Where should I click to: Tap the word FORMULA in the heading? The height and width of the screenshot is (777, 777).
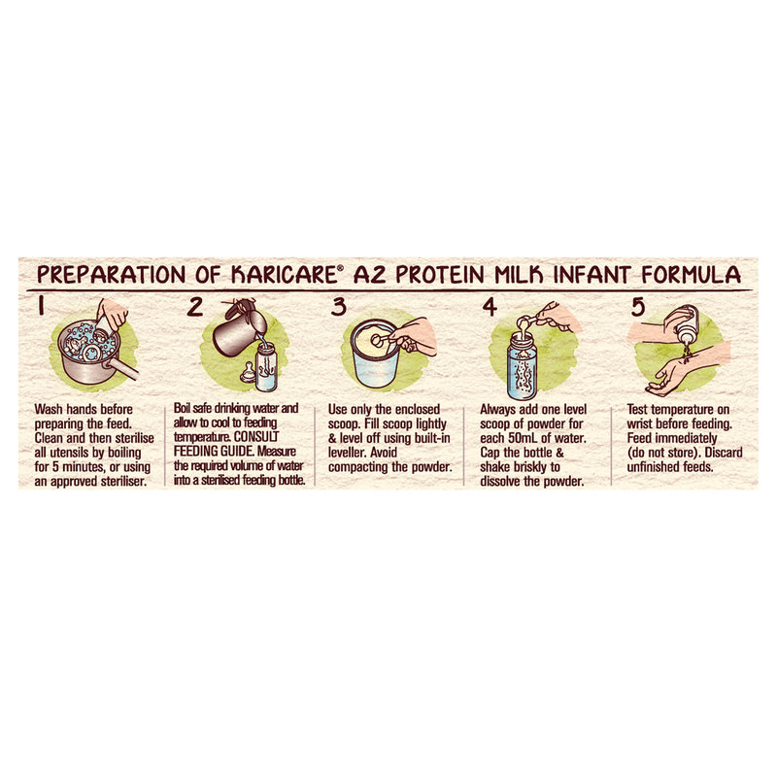point(691,275)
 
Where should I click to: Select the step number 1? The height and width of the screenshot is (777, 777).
point(41,306)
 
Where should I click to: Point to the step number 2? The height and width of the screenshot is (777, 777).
point(195,307)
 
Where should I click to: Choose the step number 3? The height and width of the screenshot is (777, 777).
point(338,307)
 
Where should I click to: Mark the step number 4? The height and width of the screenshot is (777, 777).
point(490,307)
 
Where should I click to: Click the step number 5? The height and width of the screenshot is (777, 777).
point(638,307)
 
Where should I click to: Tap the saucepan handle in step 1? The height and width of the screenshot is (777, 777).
point(122,369)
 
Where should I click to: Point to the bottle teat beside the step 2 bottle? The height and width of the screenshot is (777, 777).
point(248,373)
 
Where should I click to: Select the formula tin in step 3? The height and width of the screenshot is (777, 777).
point(375,354)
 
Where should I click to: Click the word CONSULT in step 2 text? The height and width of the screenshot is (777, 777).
point(256,437)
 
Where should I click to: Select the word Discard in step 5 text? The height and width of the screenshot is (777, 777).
point(724,453)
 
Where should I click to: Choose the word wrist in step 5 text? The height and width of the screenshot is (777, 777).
point(639,424)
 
